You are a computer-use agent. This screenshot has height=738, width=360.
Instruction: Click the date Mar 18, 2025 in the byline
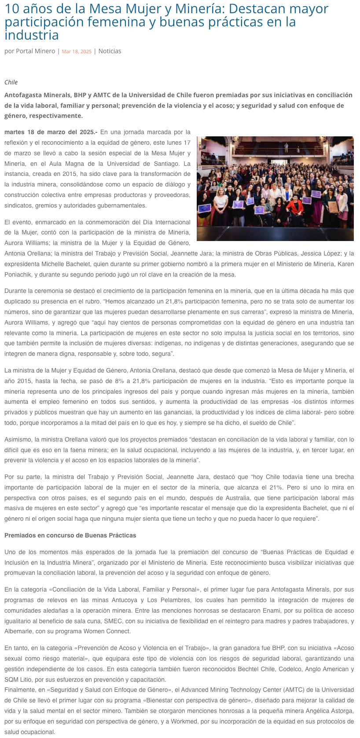click(x=77, y=51)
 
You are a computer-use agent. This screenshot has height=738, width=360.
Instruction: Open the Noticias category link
click(x=110, y=51)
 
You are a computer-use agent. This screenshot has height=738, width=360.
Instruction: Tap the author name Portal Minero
click(x=36, y=51)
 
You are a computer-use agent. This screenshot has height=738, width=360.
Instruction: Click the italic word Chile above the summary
click(x=11, y=82)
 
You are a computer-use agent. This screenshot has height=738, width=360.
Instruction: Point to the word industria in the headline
click(x=32, y=35)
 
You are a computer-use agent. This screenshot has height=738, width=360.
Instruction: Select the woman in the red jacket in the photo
click(x=293, y=207)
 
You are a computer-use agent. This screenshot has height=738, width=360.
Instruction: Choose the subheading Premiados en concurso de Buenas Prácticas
click(x=70, y=535)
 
